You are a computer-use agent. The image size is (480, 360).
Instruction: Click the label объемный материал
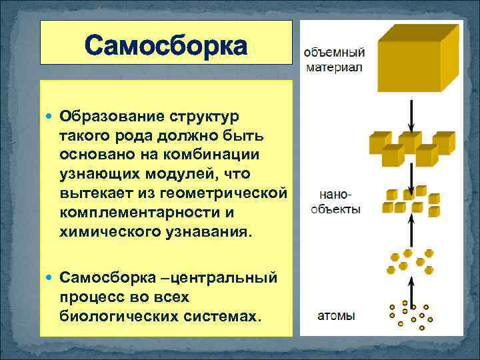(x=334, y=59)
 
